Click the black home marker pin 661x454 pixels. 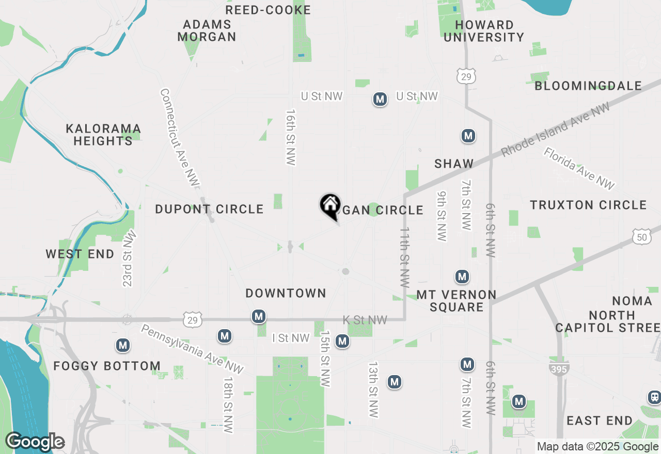tap(330, 206)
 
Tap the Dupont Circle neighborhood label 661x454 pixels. tap(209, 209)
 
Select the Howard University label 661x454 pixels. tap(484, 31)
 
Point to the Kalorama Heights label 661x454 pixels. tap(103, 135)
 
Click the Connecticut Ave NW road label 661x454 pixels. tap(179, 138)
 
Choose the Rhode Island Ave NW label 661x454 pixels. tap(555, 129)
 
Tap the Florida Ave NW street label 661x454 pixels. tap(579, 168)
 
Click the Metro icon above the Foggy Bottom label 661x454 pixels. tap(123, 346)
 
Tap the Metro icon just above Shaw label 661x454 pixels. tap(468, 136)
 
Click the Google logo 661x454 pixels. tap(35, 442)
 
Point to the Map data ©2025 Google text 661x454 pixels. tap(597, 447)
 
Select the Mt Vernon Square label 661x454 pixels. tap(457, 301)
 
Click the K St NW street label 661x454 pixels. tap(365, 320)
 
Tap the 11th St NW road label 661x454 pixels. tap(404, 256)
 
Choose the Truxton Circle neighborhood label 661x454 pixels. tap(588, 205)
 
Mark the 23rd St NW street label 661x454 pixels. tap(129, 258)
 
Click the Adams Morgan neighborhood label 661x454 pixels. tap(207, 31)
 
